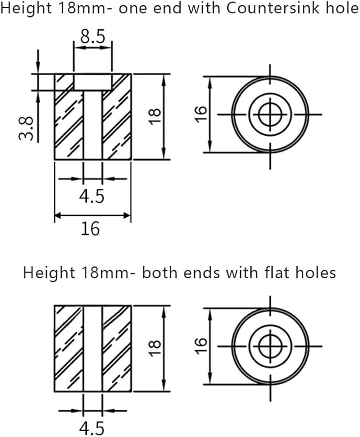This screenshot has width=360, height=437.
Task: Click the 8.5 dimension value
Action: click(x=93, y=37)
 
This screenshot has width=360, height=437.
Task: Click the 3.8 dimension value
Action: click(x=28, y=127)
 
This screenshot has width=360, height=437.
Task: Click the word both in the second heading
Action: click(x=159, y=272)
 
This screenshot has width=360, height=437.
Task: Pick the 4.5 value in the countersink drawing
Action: click(x=92, y=197)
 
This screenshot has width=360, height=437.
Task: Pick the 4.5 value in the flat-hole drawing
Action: click(x=92, y=428)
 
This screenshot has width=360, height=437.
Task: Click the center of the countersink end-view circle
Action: click(x=270, y=115)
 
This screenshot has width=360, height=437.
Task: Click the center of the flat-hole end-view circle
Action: click(x=270, y=346)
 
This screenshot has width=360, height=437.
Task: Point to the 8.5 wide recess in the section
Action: click(x=93, y=82)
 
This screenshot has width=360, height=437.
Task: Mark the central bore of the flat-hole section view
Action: click(x=93, y=348)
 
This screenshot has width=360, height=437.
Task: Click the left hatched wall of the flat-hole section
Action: click(x=68, y=348)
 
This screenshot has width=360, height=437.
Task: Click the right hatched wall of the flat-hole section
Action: click(x=116, y=348)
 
